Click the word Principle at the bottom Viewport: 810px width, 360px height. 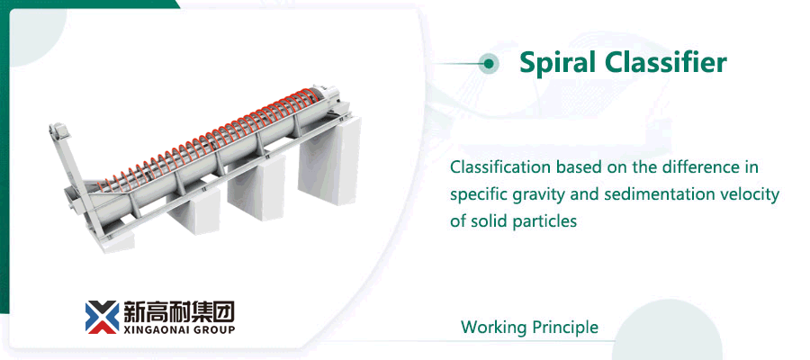click(x=564, y=327)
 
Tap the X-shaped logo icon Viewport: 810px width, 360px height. click(x=102, y=316)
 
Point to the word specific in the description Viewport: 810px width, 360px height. click(x=479, y=194)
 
